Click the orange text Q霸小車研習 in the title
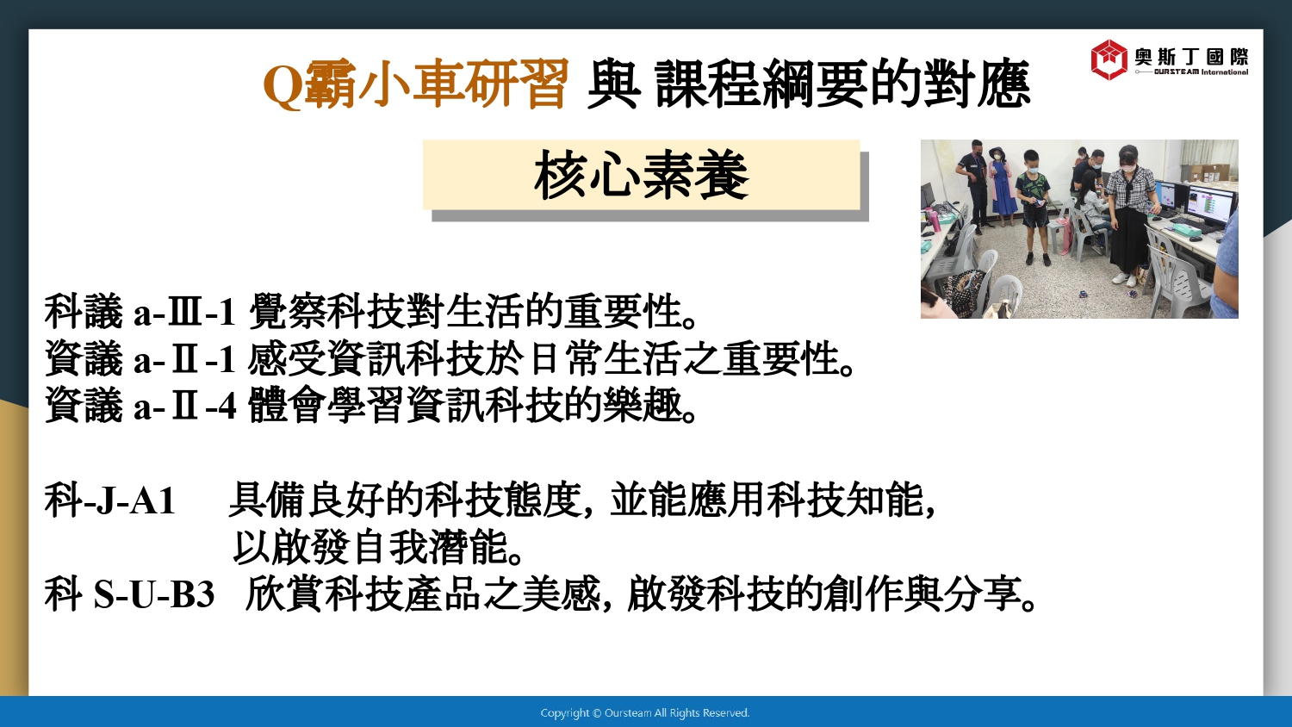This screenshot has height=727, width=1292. pos(415,84)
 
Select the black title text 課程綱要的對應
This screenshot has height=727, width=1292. pos(842,84)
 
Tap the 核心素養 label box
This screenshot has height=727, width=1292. pos(642,175)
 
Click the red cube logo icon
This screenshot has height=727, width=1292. pos(1109,59)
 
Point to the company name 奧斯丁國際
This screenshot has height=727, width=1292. pos(1191,57)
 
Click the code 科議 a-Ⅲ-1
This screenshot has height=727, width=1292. pos(140,312)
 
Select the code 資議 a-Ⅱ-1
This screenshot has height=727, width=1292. pos(140,358)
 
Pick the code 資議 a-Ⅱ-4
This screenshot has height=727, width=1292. pos(140,405)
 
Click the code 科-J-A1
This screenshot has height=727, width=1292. pos(109,500)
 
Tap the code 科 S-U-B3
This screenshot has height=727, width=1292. pos(129,594)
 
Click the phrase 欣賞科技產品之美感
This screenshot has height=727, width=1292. pos(423,594)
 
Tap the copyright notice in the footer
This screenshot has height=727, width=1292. pos(645,712)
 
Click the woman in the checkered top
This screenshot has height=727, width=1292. pos(1128,214)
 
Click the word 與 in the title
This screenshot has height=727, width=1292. pos(612,84)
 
